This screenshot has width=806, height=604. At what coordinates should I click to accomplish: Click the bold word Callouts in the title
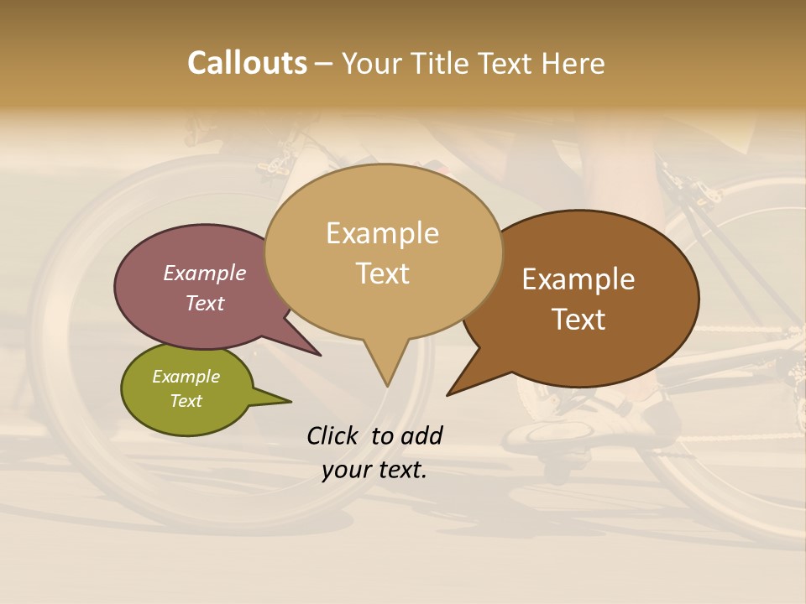click(247, 63)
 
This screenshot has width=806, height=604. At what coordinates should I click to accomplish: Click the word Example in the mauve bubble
click(205, 273)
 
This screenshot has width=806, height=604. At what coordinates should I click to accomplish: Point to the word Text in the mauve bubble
click(205, 303)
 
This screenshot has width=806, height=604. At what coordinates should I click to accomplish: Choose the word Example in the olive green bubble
click(186, 377)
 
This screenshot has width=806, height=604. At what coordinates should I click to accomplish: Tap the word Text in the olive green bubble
click(186, 401)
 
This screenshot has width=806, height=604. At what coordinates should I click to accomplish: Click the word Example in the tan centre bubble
click(382, 233)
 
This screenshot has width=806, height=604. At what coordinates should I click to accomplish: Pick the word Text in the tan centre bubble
click(382, 273)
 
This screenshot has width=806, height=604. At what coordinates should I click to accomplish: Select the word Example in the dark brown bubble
click(578, 279)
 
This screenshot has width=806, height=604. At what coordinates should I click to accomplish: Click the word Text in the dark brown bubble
click(578, 320)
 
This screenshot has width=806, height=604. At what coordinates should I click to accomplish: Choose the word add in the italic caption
click(421, 435)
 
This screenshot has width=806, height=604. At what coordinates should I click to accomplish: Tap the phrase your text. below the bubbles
click(374, 470)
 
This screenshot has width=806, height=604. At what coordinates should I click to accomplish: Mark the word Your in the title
click(370, 63)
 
